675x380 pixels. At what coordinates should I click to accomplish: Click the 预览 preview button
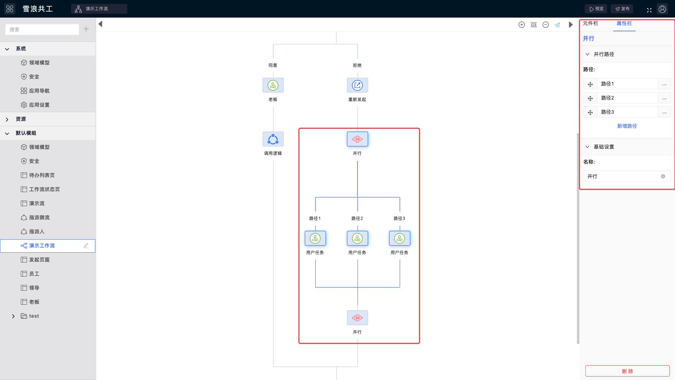(x=596, y=9)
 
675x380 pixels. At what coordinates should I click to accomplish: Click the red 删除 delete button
(x=627, y=371)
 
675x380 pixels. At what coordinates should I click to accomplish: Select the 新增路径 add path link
(x=627, y=126)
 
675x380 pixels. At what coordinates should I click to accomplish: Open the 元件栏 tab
(x=590, y=23)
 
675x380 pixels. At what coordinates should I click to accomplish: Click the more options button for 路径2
(x=664, y=98)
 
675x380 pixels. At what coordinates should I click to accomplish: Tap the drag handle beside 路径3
(x=590, y=112)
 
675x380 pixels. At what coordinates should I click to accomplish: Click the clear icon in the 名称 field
(x=663, y=176)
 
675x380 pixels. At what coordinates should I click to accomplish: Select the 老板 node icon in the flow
(x=273, y=85)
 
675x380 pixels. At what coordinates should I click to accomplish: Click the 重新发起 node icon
(x=358, y=85)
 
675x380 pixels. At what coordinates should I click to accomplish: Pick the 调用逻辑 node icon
(x=273, y=139)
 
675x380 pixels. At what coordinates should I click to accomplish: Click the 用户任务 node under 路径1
(x=315, y=238)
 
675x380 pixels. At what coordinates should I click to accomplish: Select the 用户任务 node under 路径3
(x=400, y=238)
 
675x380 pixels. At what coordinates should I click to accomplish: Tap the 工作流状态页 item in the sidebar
(x=44, y=189)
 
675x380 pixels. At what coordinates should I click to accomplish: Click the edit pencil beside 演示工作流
(x=86, y=246)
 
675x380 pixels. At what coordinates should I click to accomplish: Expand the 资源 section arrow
(x=7, y=119)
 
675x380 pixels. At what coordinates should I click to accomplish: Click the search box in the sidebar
(x=42, y=30)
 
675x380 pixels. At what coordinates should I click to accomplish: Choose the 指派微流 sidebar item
(x=39, y=217)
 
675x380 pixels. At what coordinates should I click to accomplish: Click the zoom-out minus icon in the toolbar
(x=546, y=25)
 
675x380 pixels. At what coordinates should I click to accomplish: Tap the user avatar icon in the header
(x=662, y=9)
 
